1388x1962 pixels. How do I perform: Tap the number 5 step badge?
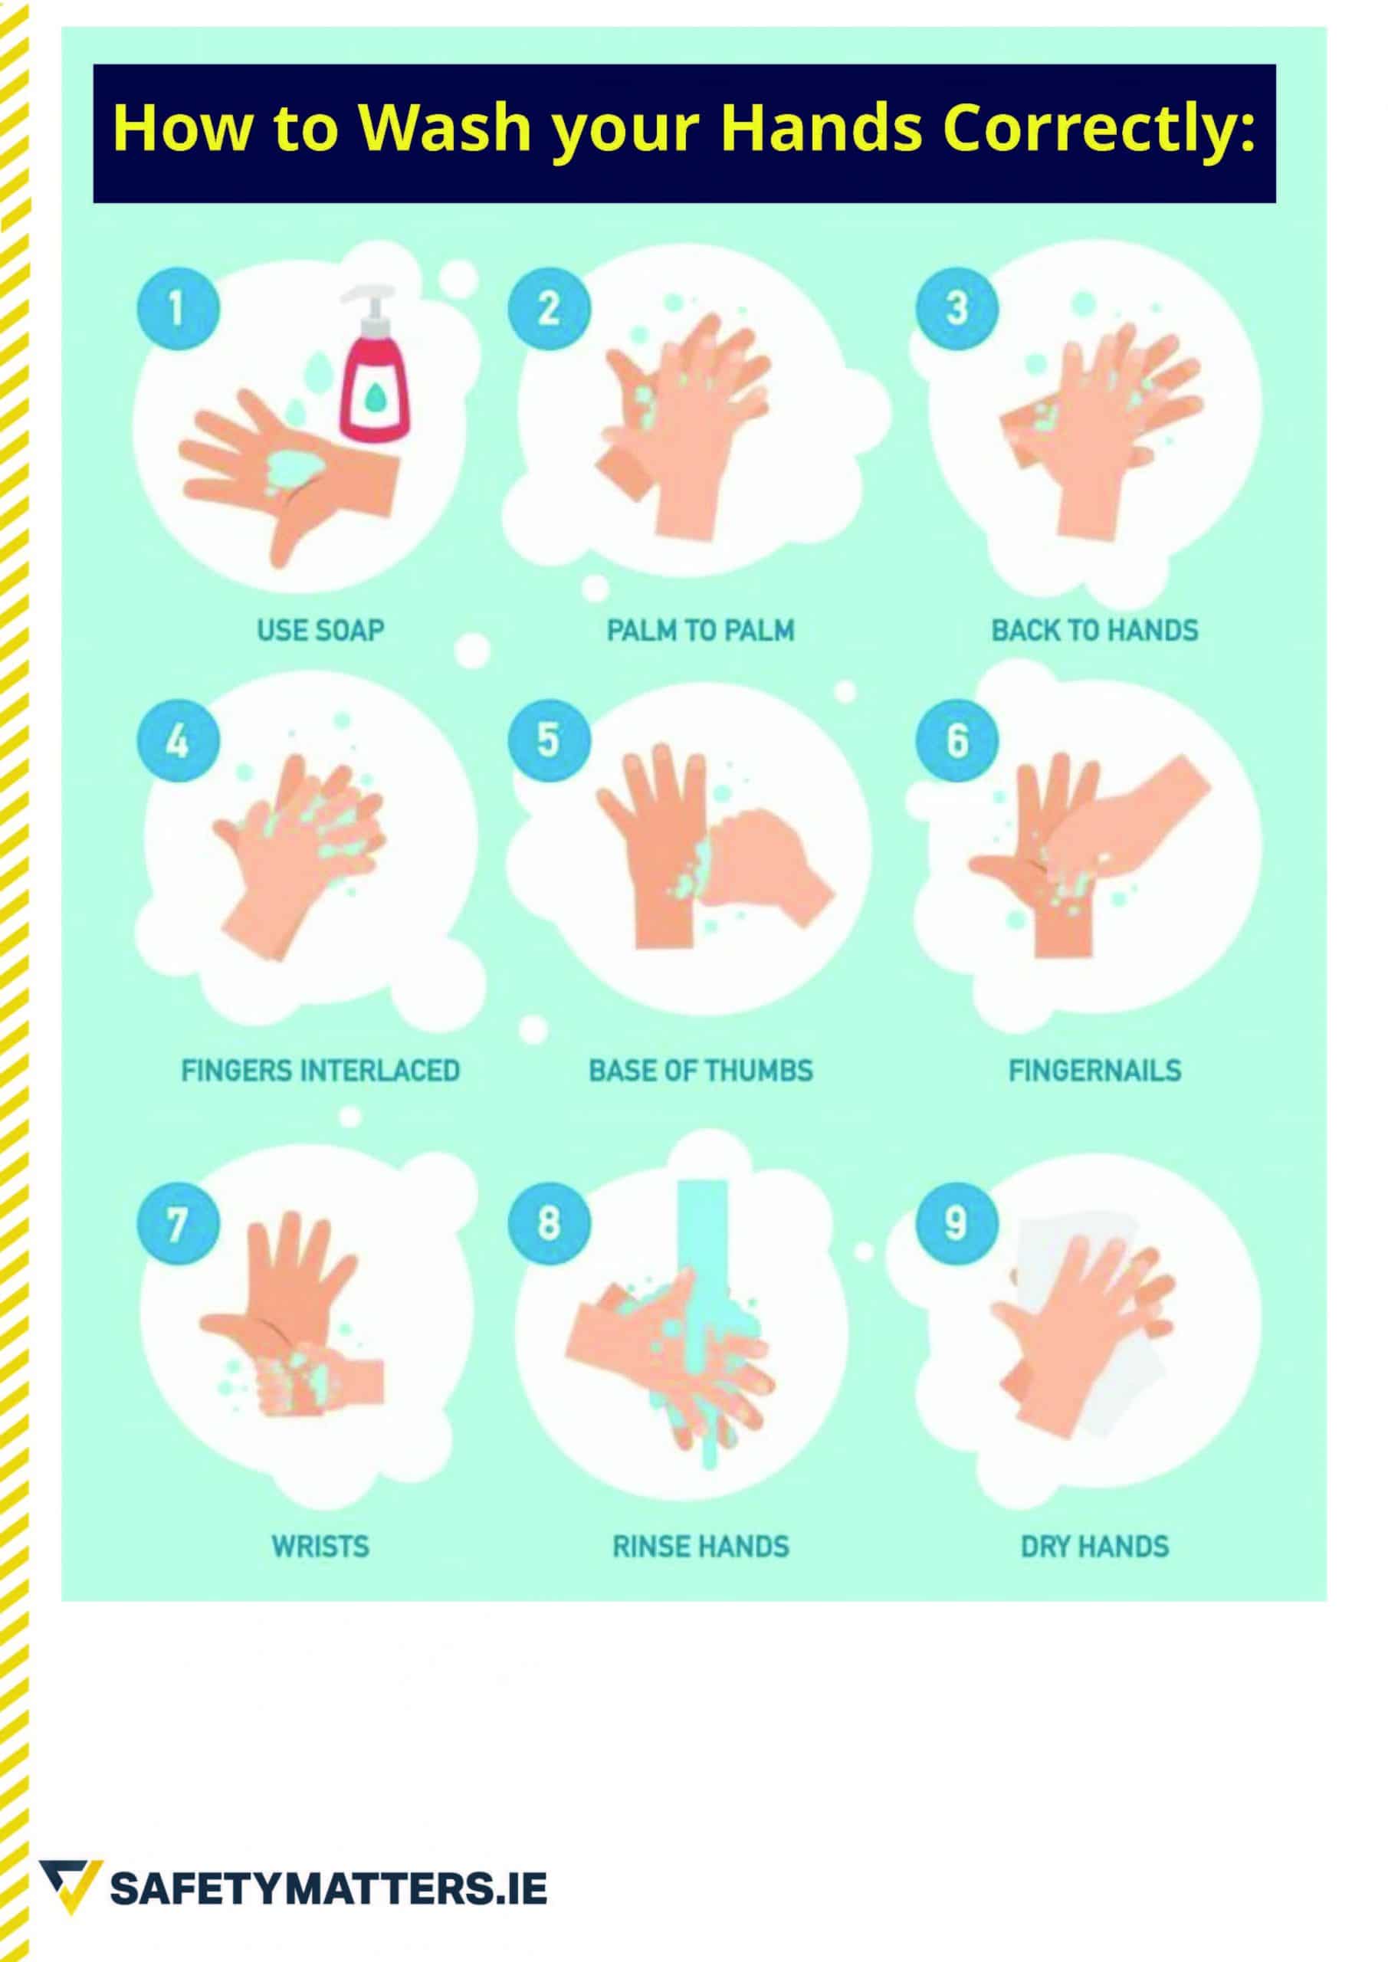(x=549, y=740)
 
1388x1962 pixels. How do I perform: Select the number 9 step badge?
(x=957, y=1224)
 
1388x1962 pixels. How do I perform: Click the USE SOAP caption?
(x=320, y=631)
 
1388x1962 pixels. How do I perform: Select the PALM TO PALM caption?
(x=701, y=631)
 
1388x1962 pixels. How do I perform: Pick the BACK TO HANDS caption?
(x=1095, y=631)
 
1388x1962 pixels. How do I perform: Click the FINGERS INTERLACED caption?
(x=320, y=1071)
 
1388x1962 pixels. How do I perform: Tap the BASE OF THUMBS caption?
(x=701, y=1071)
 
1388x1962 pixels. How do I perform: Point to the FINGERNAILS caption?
(x=1095, y=1071)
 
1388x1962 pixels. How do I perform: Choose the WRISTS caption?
(x=320, y=1547)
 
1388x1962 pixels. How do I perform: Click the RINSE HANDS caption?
(x=701, y=1547)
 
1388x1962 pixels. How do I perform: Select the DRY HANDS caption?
(x=1095, y=1547)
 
